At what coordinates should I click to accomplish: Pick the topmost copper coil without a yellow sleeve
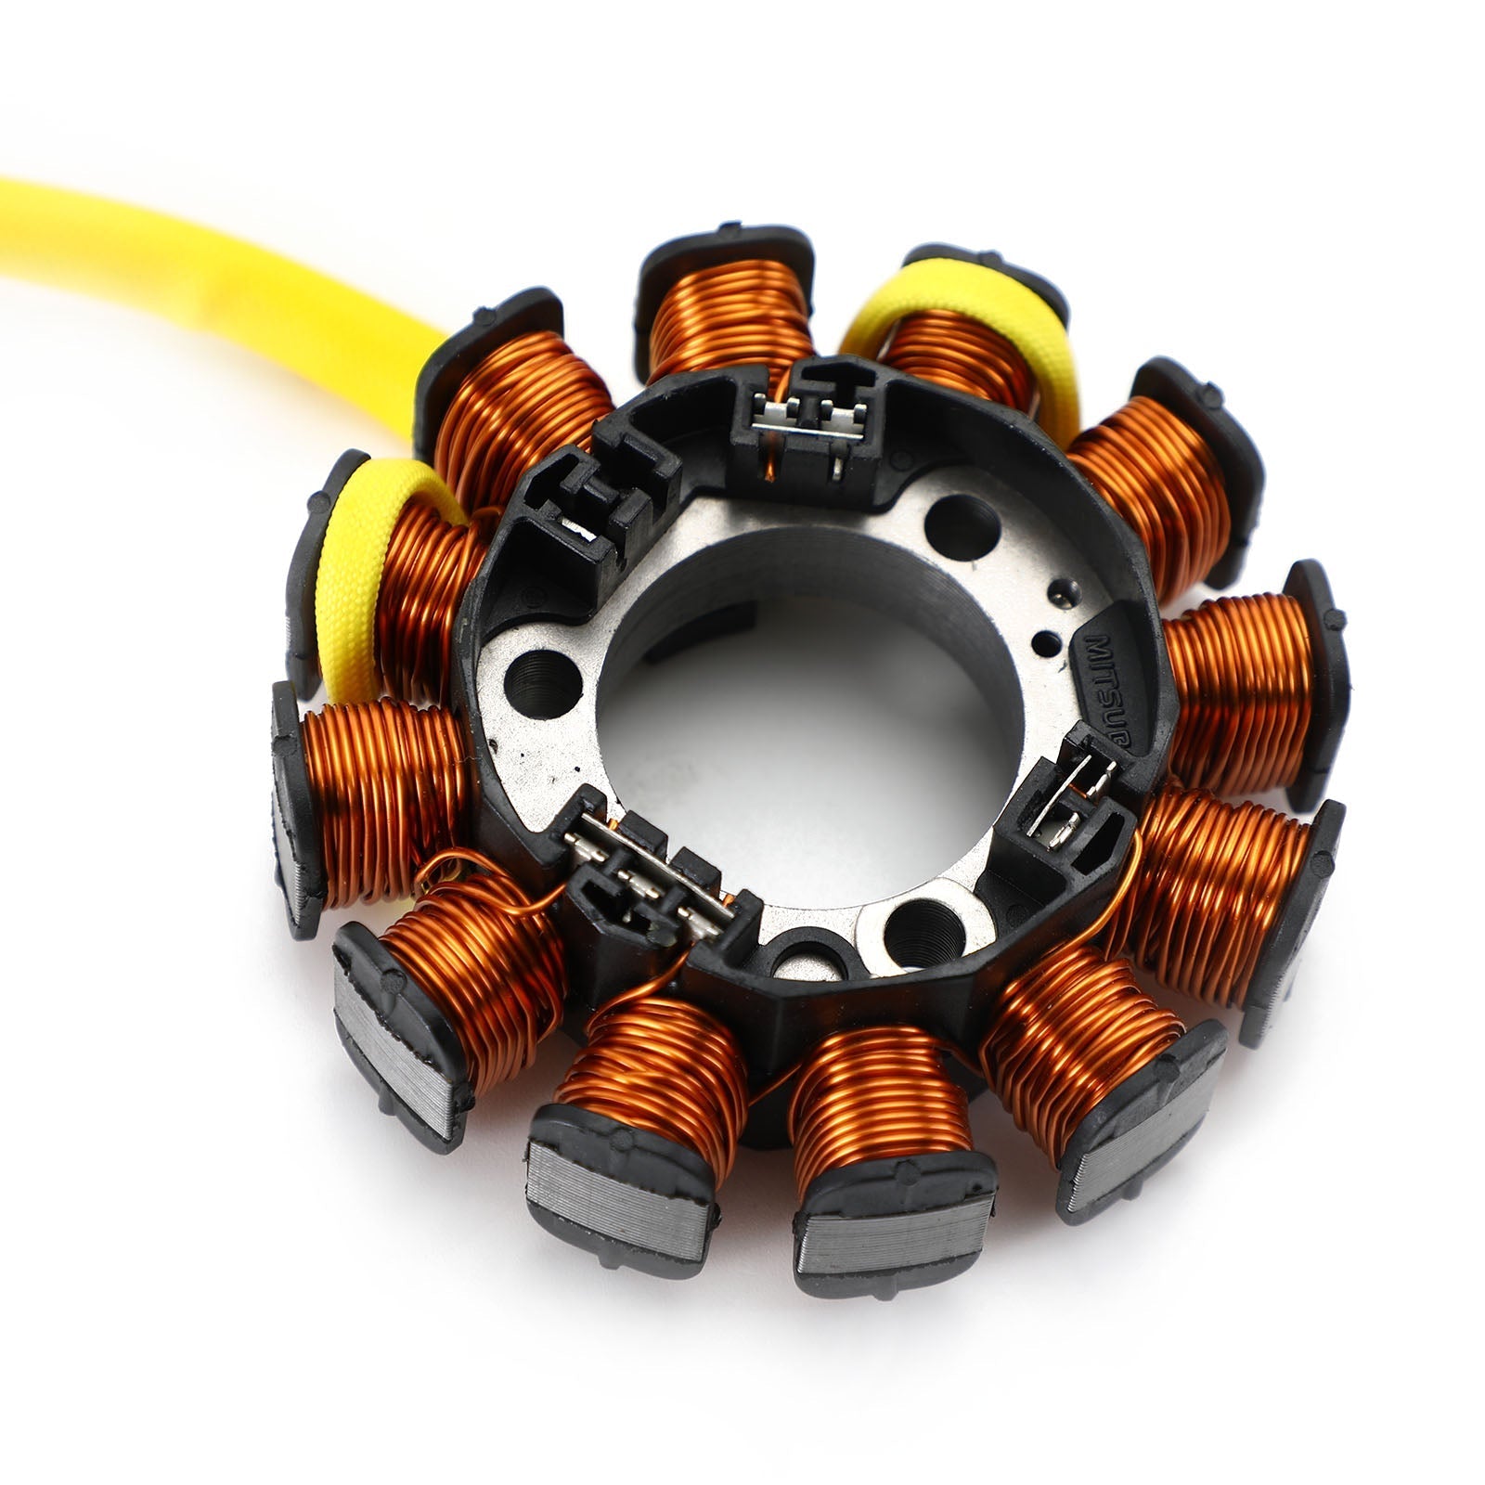[x=729, y=316]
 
